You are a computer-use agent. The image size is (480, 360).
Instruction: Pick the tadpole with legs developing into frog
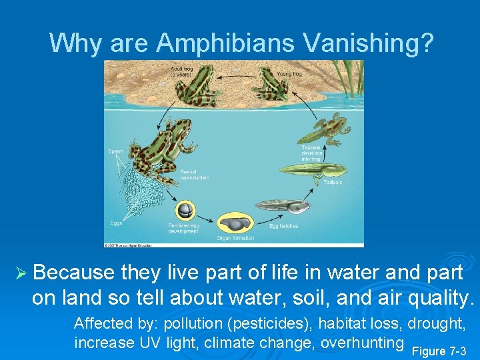(x=323, y=127)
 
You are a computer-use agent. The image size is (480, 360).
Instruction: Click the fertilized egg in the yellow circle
(x=185, y=210)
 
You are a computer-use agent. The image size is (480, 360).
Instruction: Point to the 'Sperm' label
(x=116, y=152)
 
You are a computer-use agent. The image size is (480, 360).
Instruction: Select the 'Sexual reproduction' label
(x=195, y=175)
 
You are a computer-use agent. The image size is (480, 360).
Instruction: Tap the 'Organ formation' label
(x=235, y=238)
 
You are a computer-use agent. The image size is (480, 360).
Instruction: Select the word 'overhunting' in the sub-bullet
(x=362, y=343)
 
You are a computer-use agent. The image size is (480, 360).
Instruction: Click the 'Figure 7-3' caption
(x=439, y=351)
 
